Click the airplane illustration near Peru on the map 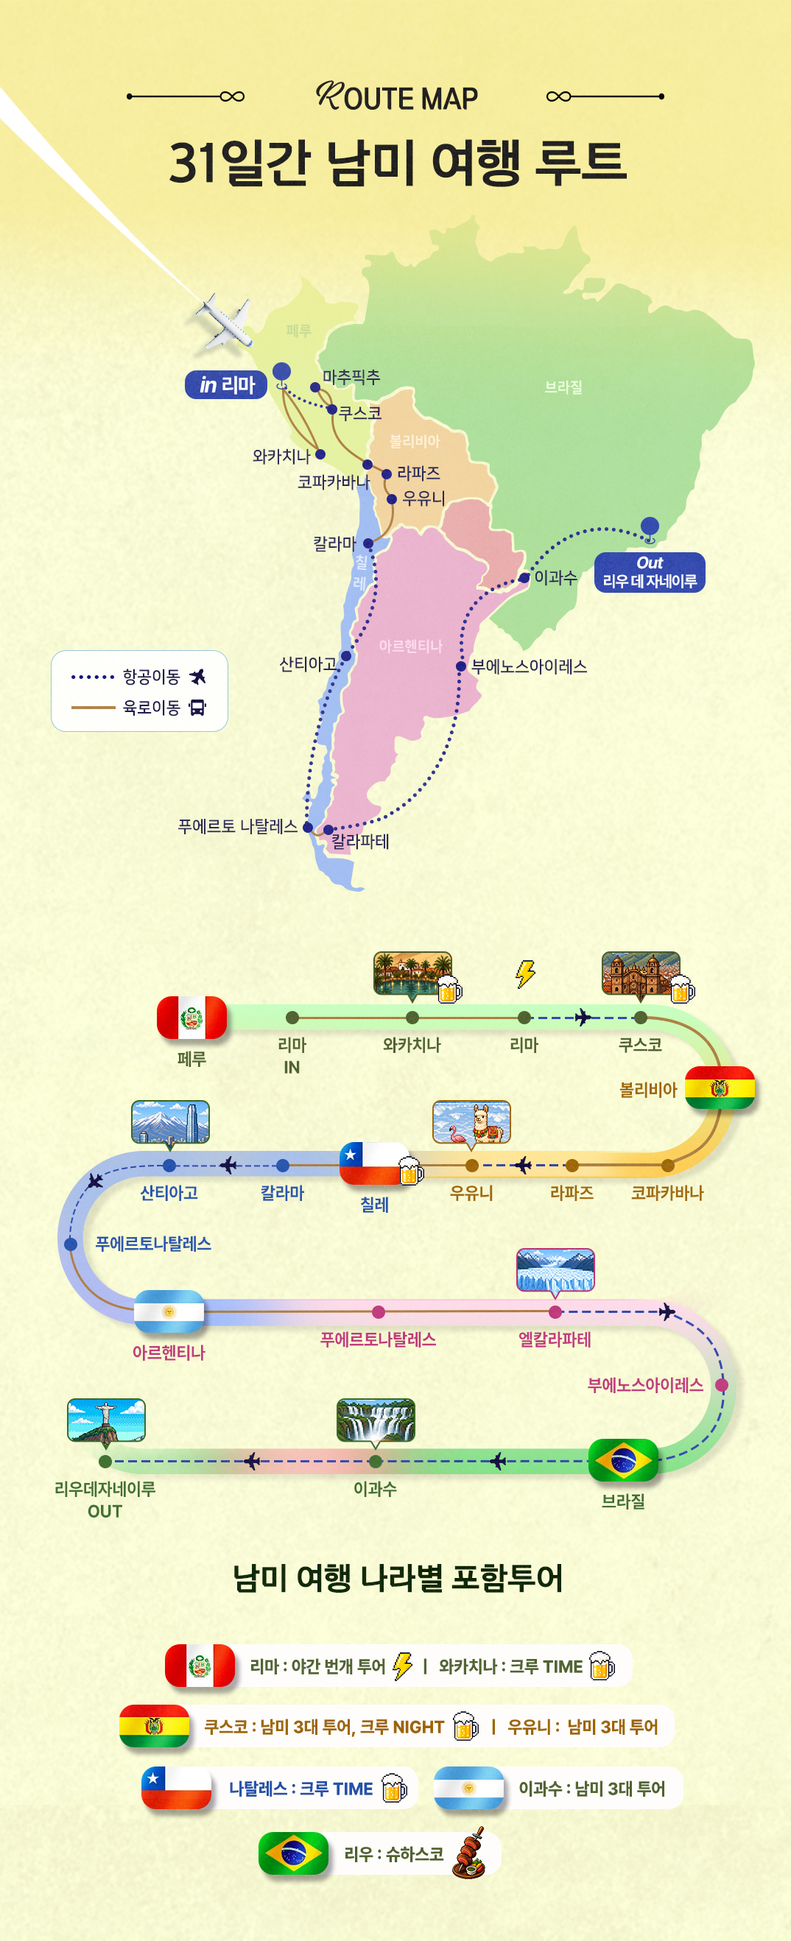225,322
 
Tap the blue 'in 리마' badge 226,385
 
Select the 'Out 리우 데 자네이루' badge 650,573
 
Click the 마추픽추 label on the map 351,377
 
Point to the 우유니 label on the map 424,499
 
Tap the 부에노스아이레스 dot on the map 461,667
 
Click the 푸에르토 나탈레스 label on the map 237,827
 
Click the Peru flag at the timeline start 191,1018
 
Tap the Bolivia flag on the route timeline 720,1088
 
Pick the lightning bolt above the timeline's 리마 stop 525,973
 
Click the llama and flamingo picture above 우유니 471,1122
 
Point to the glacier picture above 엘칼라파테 555,1269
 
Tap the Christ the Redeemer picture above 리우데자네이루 106,1420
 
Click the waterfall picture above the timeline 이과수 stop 376,1420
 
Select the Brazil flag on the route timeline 623,1460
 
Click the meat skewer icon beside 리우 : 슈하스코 470,1852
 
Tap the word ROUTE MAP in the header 397,96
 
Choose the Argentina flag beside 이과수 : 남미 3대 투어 468,1788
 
